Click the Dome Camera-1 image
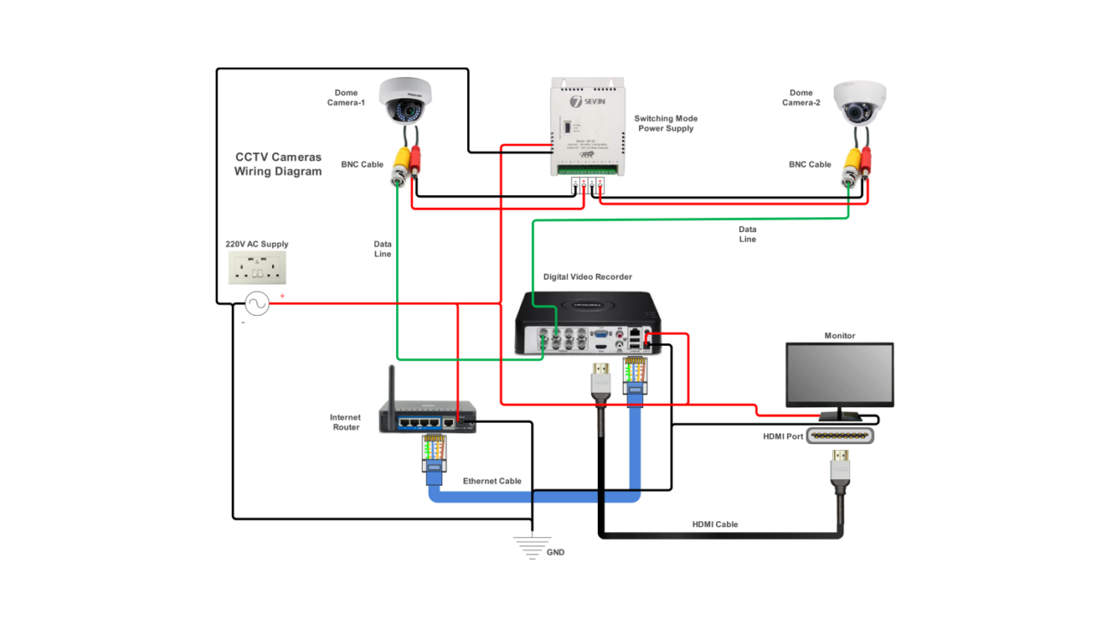pyautogui.click(x=406, y=100)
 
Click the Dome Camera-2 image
pyautogui.click(x=860, y=104)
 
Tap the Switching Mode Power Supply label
pyautogui.click(x=665, y=123)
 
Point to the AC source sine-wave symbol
pyautogui.click(x=257, y=304)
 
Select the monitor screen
pyautogui.click(x=840, y=375)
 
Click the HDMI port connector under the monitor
pyautogui.click(x=840, y=436)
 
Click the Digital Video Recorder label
pyautogui.click(x=588, y=277)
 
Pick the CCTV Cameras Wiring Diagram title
pyautogui.click(x=278, y=164)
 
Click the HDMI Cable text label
pyautogui.click(x=714, y=524)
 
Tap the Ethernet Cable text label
pyautogui.click(x=492, y=481)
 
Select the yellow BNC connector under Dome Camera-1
pyautogui.click(x=399, y=163)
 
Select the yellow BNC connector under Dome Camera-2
pyautogui.click(x=852, y=163)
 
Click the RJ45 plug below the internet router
pyautogui.click(x=435, y=453)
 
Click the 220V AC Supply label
pyautogui.click(x=257, y=244)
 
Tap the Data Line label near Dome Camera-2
pyautogui.click(x=747, y=234)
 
